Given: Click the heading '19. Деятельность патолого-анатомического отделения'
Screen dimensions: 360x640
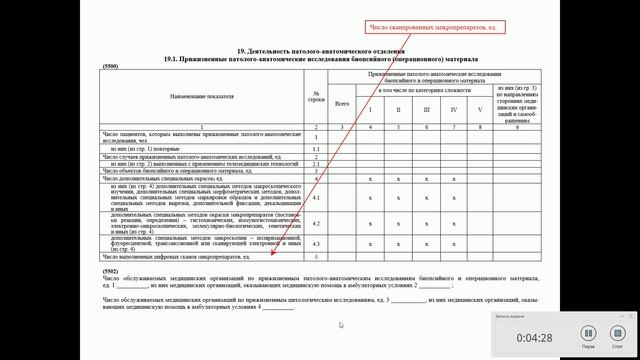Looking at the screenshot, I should (319, 50).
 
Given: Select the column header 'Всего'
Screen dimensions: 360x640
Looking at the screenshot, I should (342, 102).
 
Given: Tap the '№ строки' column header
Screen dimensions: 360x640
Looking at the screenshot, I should (315, 96).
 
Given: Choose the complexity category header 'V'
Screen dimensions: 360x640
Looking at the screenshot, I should (479, 109).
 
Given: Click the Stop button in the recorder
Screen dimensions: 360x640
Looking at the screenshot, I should (613, 336).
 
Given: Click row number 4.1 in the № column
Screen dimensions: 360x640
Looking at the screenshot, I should (315, 197).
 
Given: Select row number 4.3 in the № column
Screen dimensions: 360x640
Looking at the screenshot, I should (315, 244).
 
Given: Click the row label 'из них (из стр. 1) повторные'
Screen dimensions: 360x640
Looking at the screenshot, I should (149, 149).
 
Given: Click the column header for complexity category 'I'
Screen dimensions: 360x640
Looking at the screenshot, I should (370, 109).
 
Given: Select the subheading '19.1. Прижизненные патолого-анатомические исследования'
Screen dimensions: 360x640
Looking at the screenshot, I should (319, 58).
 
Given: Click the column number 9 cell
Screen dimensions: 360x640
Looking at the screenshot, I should (516, 127).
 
